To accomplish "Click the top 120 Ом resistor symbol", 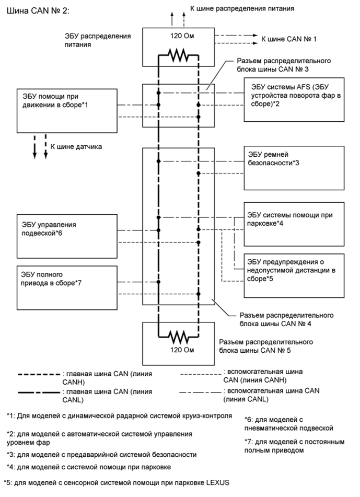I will (x=178, y=54).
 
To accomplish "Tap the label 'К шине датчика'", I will (x=76, y=147).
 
